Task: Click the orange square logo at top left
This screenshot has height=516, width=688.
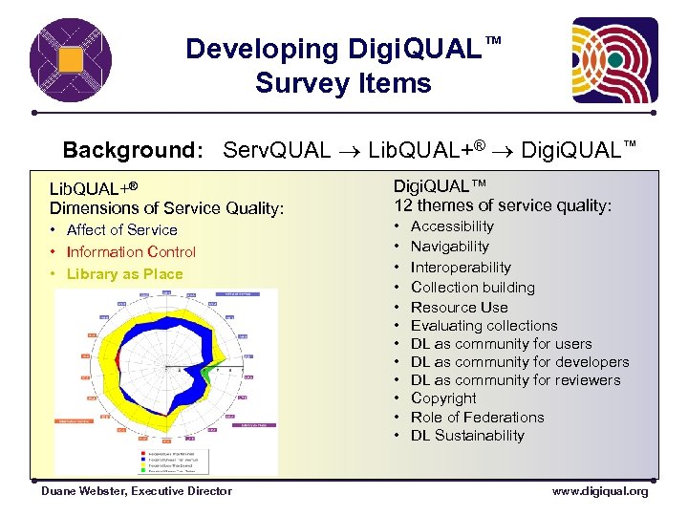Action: point(70,60)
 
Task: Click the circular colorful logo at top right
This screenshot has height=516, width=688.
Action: point(614,61)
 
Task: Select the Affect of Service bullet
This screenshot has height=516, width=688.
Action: point(121,229)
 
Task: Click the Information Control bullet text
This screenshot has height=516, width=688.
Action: point(131,251)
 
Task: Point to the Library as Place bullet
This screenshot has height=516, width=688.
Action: point(124,273)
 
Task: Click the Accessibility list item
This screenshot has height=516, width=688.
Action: point(452,226)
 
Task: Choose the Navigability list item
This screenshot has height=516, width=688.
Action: point(449,247)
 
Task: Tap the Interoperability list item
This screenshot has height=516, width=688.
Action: point(461,268)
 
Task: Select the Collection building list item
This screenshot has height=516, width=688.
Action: point(472,287)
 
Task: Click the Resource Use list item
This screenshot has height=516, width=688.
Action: point(459,307)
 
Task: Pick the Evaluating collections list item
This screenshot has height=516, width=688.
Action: point(484,325)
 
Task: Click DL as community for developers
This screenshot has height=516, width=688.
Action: point(520,361)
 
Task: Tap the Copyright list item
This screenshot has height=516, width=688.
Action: point(443,398)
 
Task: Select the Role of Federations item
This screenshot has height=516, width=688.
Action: point(477,417)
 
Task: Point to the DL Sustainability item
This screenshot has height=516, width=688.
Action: point(467,435)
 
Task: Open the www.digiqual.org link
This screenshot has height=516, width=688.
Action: point(599,491)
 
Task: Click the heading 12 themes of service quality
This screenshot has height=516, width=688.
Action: point(502,204)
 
